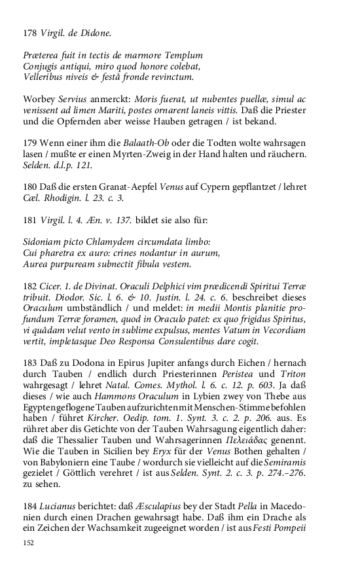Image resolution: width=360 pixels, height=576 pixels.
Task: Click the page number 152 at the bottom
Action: tap(28, 543)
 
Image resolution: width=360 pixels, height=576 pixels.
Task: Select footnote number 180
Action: tap(29, 187)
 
